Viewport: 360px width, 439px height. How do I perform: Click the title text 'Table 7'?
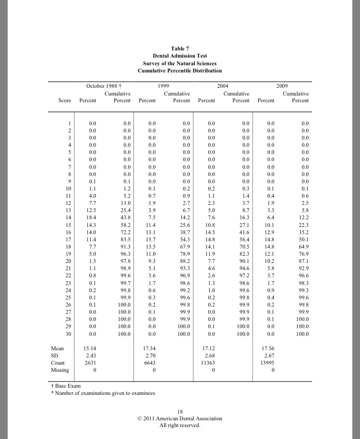pyautogui.click(x=180, y=48)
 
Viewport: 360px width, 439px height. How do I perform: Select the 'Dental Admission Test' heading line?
pyautogui.click(x=180, y=56)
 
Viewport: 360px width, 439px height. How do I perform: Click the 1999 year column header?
pyautogui.click(x=162, y=86)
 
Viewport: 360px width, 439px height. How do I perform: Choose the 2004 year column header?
pyautogui.click(x=222, y=86)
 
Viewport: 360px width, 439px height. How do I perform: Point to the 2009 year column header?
pyautogui.click(x=282, y=86)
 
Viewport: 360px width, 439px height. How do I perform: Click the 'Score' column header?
pyautogui.click(x=65, y=101)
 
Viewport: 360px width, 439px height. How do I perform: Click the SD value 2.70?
pyautogui.click(x=151, y=356)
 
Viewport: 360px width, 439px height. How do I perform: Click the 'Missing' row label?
pyautogui.click(x=60, y=370)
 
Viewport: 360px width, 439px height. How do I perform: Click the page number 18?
pyautogui.click(x=180, y=412)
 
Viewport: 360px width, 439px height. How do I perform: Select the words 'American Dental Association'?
pyautogui.click(x=192, y=418)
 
